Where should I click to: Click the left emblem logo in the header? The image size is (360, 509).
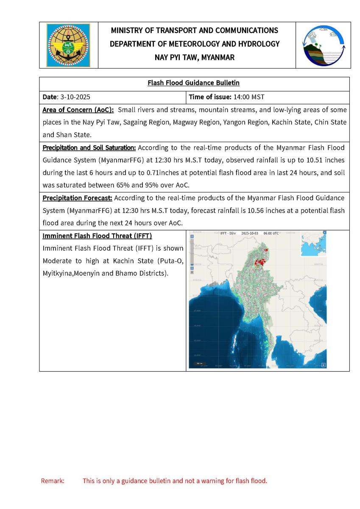point(68,45)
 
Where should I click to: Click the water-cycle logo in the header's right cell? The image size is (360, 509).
point(323,45)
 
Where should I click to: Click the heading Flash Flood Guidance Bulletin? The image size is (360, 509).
point(194,83)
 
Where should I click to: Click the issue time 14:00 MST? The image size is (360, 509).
point(249,97)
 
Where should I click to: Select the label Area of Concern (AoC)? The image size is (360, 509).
point(78,110)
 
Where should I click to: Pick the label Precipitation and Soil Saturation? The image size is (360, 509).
point(89,148)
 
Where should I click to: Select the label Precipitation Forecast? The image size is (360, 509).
point(77,198)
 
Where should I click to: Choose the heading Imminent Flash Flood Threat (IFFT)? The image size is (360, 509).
point(97,236)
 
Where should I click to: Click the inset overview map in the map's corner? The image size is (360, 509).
point(313,245)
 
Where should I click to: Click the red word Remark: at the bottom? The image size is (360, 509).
point(53,481)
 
